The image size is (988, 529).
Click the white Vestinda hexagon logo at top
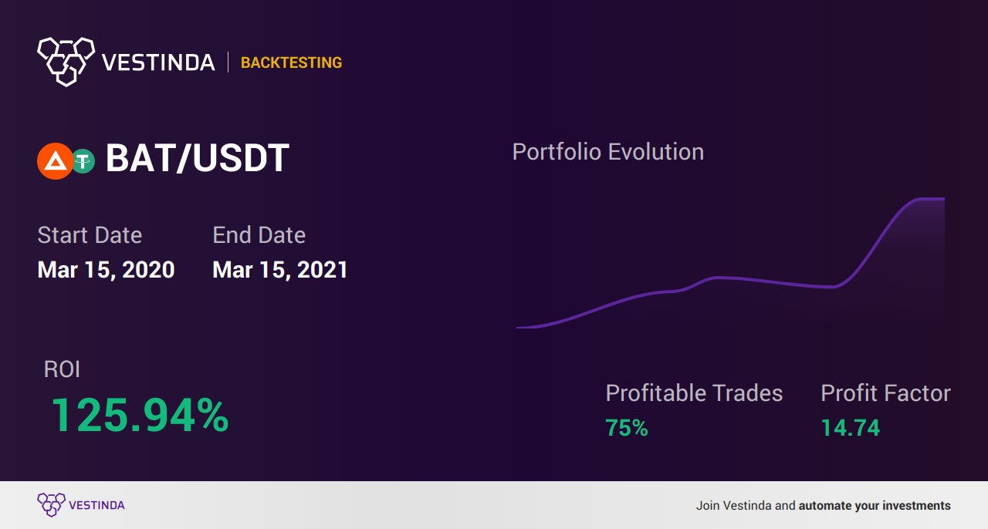coord(66,62)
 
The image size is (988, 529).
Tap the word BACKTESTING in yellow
coord(291,62)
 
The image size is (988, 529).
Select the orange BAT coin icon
coord(55,161)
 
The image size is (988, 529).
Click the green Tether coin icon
coord(83,161)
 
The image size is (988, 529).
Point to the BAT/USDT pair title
coord(198,158)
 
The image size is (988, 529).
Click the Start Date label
coord(90,235)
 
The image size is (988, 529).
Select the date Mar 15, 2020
coord(106,270)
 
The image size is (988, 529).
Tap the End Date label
coord(259,235)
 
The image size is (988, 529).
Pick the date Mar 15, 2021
coord(280,270)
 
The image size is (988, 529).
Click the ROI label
coord(62,369)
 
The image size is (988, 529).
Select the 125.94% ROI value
coord(140,415)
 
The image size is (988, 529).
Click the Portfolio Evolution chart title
coord(608,153)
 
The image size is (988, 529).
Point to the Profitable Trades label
coord(694,393)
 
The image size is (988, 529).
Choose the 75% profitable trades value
coord(627,428)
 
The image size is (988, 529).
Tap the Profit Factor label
coord(885,393)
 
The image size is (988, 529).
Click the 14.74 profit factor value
coord(851,428)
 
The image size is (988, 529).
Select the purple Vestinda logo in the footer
coord(81,505)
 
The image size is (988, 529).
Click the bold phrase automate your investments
coord(875,506)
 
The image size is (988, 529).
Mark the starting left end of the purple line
coord(517,328)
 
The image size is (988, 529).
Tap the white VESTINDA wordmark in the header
coord(158,62)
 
